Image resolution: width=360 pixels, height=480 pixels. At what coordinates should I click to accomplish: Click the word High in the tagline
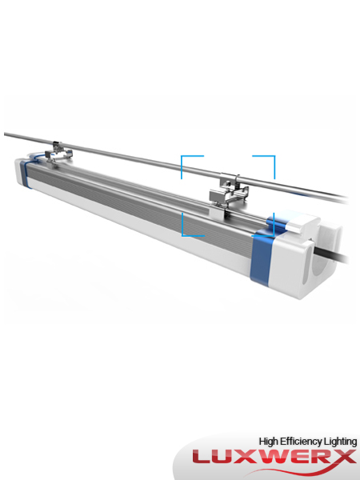pos(270,441)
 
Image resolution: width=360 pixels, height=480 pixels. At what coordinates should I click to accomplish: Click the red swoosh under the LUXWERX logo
pos(240,472)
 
